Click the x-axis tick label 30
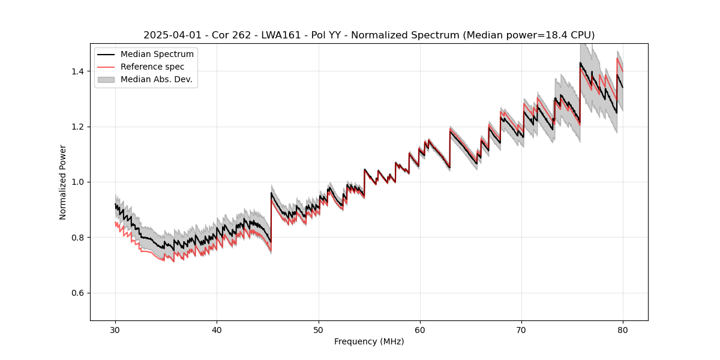116,329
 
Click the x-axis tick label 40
217,329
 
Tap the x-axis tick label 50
319,329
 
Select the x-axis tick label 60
420,329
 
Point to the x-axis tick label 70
521,329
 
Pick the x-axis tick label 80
623,329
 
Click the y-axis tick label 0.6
79,293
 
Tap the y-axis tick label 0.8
79,238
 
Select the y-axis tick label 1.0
79,182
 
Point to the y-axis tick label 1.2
79,127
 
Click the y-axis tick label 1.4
79,71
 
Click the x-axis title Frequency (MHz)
369,341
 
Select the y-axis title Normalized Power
63,182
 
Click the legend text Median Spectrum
157,55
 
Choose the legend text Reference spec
152,67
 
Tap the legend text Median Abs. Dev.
157,79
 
